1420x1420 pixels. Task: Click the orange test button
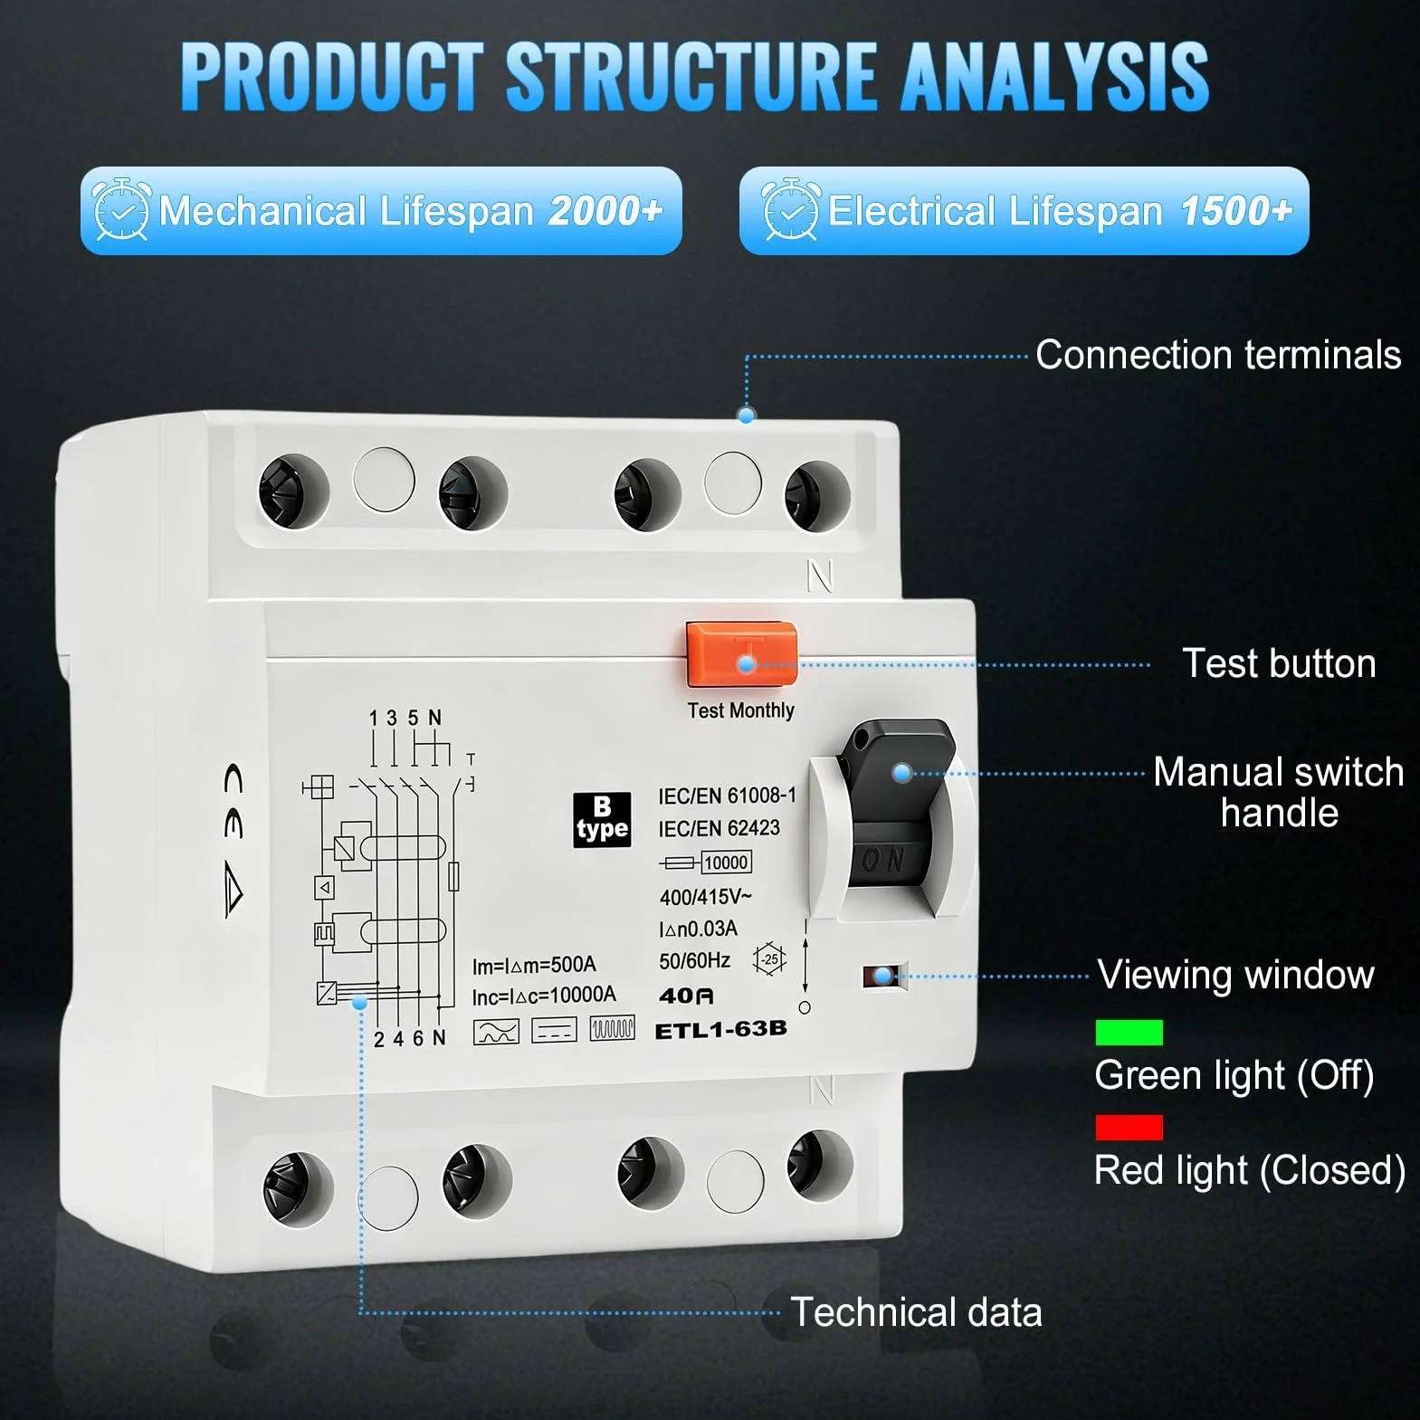tap(741, 653)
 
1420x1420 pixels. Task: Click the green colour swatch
tap(1129, 1032)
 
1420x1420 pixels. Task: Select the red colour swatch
tap(1129, 1128)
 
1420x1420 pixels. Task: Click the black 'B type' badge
tap(602, 820)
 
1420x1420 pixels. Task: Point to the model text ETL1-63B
tap(720, 1030)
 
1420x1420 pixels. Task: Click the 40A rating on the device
tap(686, 996)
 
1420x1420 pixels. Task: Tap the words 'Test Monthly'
tap(740, 710)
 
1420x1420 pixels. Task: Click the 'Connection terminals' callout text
tap(1218, 355)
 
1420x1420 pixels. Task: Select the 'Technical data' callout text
tap(916, 1312)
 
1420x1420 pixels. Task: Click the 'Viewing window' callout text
tap(1235, 975)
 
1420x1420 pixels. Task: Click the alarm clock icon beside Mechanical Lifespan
tap(121, 209)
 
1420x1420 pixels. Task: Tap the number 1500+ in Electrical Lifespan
tap(1236, 211)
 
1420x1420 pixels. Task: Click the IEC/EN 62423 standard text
tap(719, 828)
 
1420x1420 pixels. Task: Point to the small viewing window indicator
tap(884, 976)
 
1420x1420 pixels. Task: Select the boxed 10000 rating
tap(726, 862)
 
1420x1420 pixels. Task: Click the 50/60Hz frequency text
tap(694, 960)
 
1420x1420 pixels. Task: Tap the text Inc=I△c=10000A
tap(544, 996)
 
